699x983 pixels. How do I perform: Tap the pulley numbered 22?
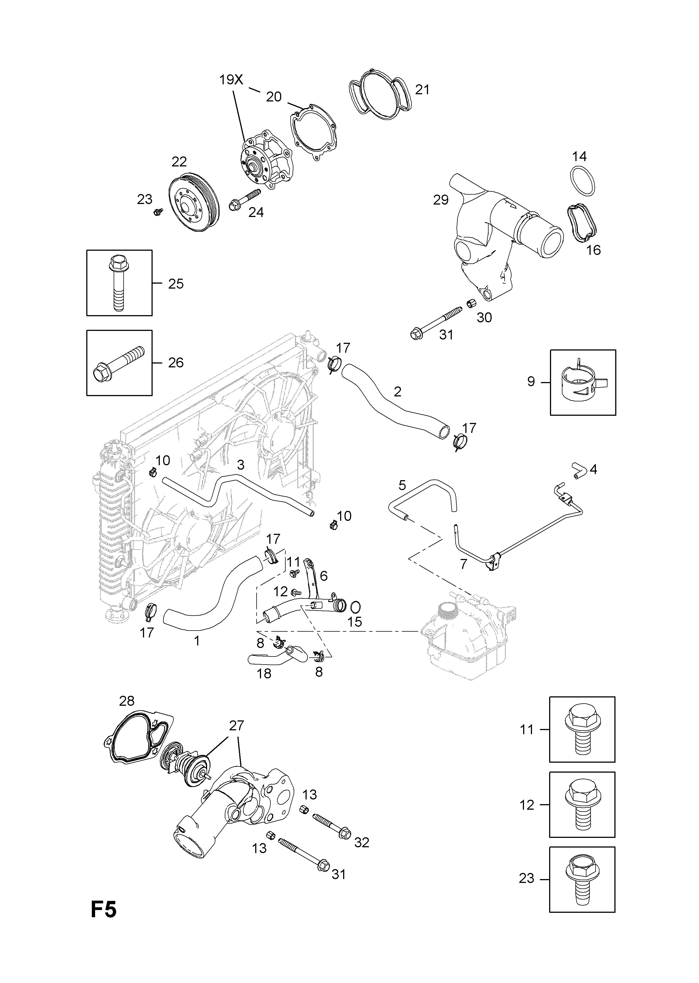coord(194,204)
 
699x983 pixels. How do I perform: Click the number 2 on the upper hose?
coord(397,391)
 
